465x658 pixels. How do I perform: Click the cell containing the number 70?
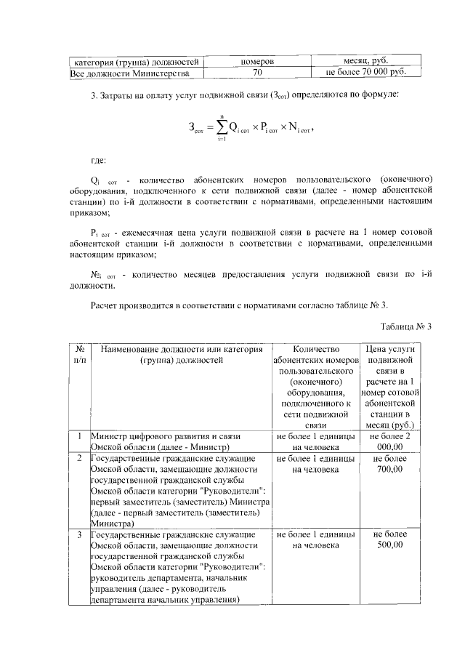click(x=256, y=73)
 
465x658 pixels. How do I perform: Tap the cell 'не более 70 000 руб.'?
click(x=374, y=73)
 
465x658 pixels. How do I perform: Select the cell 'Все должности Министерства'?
click(x=130, y=73)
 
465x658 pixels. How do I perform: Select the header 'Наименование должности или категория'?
click(x=180, y=349)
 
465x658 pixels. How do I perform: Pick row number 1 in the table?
click(x=78, y=436)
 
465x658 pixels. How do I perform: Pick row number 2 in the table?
click(x=78, y=460)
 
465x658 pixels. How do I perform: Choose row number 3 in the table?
click(x=78, y=535)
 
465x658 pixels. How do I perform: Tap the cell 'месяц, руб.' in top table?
click(x=374, y=62)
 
